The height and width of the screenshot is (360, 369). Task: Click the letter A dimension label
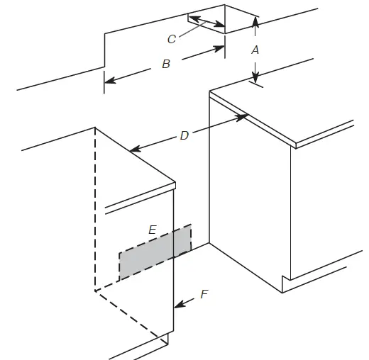tap(255, 50)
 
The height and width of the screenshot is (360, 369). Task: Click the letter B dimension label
tap(166, 64)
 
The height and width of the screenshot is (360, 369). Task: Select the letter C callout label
tap(172, 39)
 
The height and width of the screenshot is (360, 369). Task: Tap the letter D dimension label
tap(184, 135)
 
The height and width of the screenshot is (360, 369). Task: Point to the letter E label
tap(153, 230)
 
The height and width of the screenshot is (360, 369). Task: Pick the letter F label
tap(204, 294)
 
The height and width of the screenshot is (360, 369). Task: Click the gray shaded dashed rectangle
tap(155, 252)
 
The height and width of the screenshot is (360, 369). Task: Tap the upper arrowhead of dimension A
tap(255, 22)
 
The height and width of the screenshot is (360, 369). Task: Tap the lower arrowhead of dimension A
tap(255, 77)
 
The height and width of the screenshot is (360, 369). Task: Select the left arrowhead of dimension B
tap(110, 80)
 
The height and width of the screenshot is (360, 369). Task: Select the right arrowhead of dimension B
tap(219, 49)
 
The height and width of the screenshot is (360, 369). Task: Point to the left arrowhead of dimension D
tap(136, 149)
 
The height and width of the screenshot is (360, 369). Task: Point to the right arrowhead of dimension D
tap(242, 117)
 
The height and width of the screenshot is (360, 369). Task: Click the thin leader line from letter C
tap(192, 29)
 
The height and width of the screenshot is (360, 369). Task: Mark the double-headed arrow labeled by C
tap(206, 21)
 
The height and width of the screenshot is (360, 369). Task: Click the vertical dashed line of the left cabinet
tap(95, 209)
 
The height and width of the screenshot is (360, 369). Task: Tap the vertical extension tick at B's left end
tap(104, 82)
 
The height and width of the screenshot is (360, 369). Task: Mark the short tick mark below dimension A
tap(256, 84)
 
